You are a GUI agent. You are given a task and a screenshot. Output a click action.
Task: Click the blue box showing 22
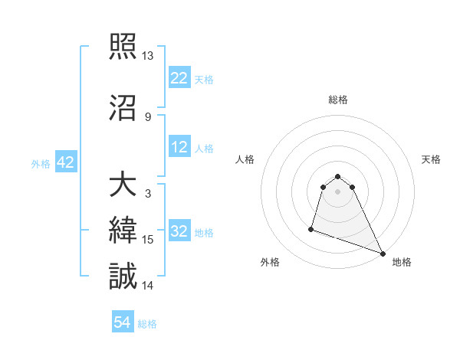179,78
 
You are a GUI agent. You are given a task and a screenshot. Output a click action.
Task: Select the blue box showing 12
179,148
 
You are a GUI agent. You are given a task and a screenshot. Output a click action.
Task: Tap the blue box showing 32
179,232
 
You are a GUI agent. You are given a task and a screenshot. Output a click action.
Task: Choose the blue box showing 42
65,162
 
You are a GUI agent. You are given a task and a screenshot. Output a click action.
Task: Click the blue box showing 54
123,323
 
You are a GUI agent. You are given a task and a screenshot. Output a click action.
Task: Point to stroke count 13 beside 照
148,56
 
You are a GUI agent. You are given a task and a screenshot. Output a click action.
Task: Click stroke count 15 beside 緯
149,240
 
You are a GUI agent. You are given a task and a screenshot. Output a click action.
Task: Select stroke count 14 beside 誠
149,285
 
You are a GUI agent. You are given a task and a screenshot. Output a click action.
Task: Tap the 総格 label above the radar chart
338,100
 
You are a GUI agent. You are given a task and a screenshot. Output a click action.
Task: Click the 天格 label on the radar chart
431,159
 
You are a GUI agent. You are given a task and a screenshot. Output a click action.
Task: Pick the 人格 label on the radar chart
245,159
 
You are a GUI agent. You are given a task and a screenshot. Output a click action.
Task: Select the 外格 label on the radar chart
270,262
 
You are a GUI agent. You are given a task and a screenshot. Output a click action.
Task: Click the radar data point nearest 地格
383,254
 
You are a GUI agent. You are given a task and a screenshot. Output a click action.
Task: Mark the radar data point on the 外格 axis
311,228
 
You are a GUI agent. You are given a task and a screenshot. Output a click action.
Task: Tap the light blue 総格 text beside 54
147,324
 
